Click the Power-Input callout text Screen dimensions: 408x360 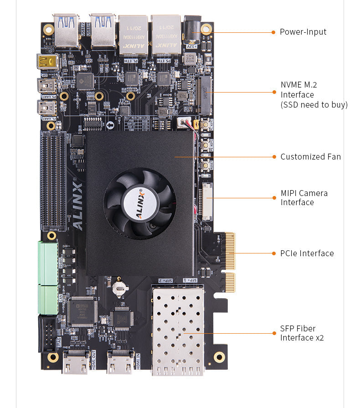click(x=303, y=32)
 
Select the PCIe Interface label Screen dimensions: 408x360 click(x=307, y=253)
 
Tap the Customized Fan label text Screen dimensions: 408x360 click(x=310, y=156)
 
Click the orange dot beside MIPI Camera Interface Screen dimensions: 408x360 click(x=274, y=197)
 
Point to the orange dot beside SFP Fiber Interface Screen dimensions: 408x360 click(x=274, y=333)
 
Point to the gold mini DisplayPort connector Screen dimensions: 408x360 click(x=47, y=62)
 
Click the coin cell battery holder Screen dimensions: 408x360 click(x=120, y=286)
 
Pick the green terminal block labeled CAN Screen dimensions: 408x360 click(x=48, y=300)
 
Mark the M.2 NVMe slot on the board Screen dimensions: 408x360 click(x=206, y=95)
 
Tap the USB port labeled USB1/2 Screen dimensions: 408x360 click(x=66, y=31)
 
